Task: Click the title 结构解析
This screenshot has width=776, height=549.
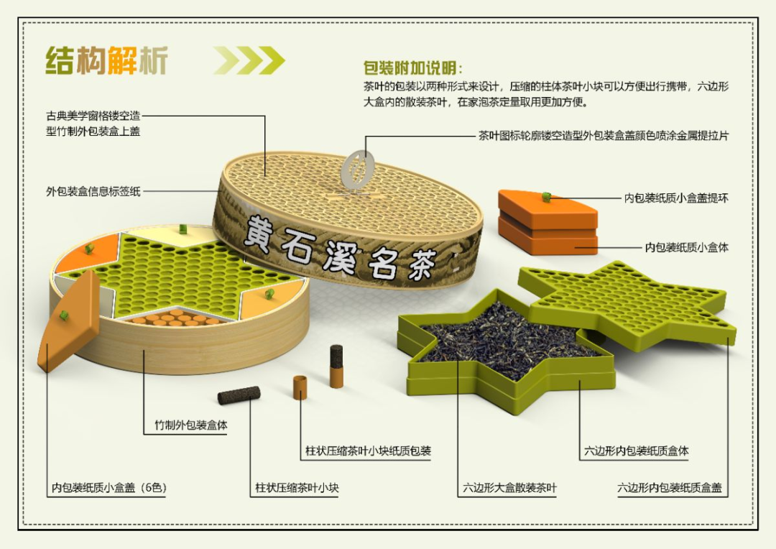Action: tap(106, 60)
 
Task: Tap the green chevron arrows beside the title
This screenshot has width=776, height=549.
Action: tap(249, 60)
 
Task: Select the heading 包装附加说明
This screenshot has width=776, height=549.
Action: tap(413, 68)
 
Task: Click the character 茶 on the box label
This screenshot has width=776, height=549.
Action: tap(418, 265)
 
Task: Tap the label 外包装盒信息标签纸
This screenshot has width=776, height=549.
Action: tap(93, 192)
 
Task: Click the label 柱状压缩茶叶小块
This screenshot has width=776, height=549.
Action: tap(297, 488)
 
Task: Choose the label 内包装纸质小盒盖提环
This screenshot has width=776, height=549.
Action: tap(675, 198)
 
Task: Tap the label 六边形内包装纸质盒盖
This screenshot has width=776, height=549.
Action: tap(669, 488)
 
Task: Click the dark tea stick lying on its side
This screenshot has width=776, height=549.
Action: tap(239, 395)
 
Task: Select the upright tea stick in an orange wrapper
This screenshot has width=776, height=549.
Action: tap(336, 366)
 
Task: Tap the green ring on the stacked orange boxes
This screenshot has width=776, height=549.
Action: tap(546, 197)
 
